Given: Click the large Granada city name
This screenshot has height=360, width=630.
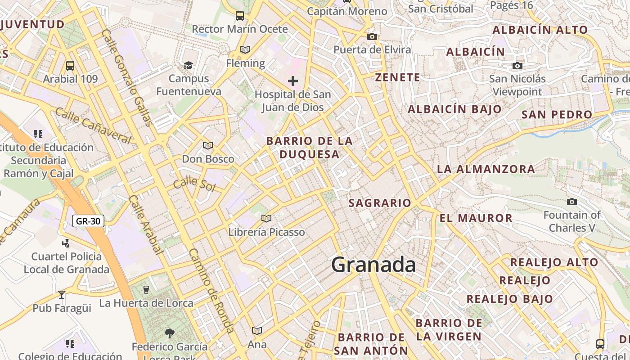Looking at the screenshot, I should tap(373, 265).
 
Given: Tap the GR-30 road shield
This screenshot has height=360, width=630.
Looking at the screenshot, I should tap(88, 221).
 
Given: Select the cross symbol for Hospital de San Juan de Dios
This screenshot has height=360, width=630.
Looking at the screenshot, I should tap(293, 81).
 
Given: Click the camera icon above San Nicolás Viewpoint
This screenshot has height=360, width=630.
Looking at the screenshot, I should tap(517, 66).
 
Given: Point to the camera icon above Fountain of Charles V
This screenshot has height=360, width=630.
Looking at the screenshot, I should tap(572, 202).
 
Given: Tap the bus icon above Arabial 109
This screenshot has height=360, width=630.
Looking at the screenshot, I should tap(70, 66).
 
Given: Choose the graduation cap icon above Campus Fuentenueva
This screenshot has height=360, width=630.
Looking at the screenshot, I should tap(188, 66).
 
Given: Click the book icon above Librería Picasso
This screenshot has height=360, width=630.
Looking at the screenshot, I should tap(266, 218).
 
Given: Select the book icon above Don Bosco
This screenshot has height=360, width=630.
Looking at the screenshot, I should tap(207, 145).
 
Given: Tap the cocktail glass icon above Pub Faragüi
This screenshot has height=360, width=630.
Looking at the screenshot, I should tap(62, 295).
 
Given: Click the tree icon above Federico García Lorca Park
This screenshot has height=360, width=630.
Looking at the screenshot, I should tap(170, 333).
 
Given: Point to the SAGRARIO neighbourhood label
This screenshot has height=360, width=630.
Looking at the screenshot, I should tap(380, 203).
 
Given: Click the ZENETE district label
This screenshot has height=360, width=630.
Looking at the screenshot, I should tap(398, 77).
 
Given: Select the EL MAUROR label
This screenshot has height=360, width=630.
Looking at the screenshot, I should tap(476, 218).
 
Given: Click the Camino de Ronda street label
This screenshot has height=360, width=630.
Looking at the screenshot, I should tap(211, 291).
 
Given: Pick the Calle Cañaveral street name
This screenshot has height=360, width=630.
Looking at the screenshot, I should tap(93, 126).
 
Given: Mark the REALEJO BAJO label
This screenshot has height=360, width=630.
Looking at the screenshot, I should tap(509, 299).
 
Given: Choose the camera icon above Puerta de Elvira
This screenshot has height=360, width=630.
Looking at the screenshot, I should tap(372, 37).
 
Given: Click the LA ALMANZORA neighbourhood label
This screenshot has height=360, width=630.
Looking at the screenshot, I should tap(486, 169).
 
